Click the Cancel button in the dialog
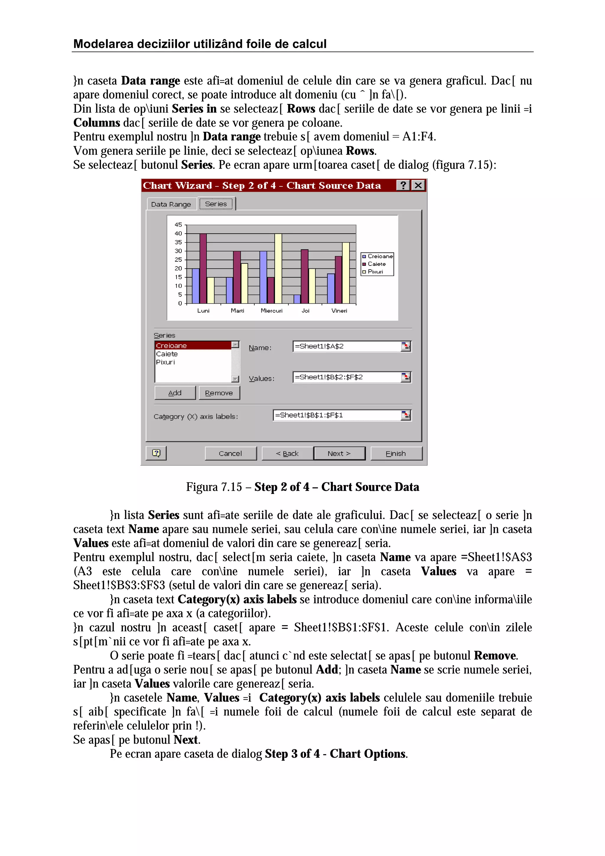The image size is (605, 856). click(x=230, y=453)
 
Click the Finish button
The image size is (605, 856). click(x=396, y=453)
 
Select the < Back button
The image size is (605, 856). click(x=287, y=453)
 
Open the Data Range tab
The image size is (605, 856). click(x=171, y=204)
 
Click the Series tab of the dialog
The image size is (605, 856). click(x=216, y=204)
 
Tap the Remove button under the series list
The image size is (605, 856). click(x=219, y=393)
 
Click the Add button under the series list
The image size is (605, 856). click(x=175, y=393)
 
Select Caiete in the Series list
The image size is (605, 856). click(x=167, y=354)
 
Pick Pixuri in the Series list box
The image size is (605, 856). click(x=165, y=362)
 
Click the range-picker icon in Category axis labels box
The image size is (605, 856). click(x=406, y=415)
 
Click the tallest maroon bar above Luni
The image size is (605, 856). click(x=203, y=268)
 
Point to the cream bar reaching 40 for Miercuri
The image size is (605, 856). click(x=278, y=268)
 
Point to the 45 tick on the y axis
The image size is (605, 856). click(x=178, y=225)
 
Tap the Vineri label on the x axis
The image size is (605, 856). click(x=339, y=310)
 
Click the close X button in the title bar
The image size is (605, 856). click(x=419, y=185)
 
